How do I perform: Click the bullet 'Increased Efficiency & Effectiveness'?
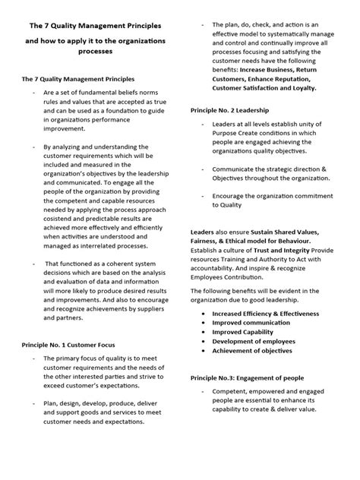coord(266,312)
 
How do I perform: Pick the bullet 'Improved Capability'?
coord(243,331)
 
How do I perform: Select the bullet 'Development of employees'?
coord(254,341)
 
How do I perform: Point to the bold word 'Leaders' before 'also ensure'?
coord(202,231)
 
